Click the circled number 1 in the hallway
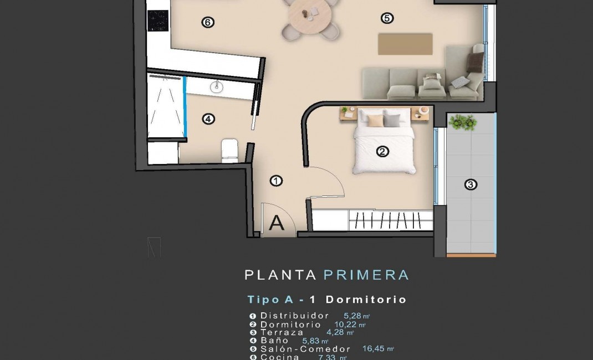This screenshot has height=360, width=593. click(x=276, y=181)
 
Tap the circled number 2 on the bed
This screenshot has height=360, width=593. click(x=382, y=151)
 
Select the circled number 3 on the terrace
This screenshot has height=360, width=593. click(x=470, y=184)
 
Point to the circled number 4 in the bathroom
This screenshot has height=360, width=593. click(x=208, y=119)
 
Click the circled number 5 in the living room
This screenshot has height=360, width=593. click(x=387, y=18)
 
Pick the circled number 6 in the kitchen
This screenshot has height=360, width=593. click(x=208, y=23)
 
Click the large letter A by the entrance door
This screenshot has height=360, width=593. click(x=276, y=223)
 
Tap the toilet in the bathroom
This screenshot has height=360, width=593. click(x=229, y=150)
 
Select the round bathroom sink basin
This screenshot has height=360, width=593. click(x=217, y=86)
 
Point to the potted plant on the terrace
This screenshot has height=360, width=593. click(x=463, y=122)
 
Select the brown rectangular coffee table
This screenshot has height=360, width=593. click(x=405, y=44)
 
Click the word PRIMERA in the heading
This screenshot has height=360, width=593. click(x=366, y=275)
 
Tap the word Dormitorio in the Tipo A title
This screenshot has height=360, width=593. click(x=366, y=300)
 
